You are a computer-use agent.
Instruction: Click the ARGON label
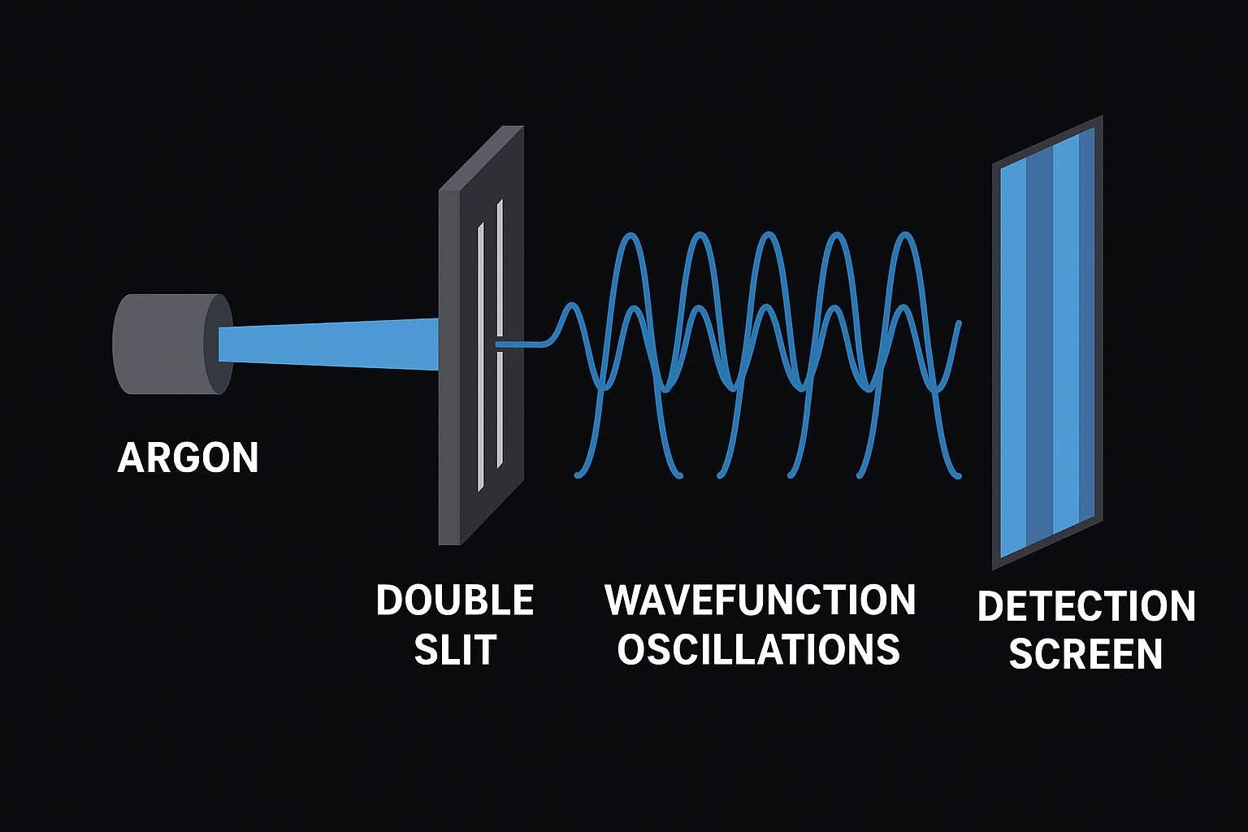click(x=188, y=458)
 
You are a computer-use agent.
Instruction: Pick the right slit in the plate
click(x=499, y=333)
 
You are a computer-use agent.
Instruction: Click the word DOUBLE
click(x=454, y=601)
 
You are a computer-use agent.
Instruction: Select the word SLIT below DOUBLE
click(x=455, y=650)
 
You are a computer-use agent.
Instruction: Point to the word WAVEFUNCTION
click(x=760, y=601)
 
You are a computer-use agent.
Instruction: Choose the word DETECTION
click(x=1085, y=607)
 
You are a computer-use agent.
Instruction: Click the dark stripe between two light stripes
click(x=1039, y=349)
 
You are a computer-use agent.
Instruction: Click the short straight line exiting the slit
click(x=520, y=344)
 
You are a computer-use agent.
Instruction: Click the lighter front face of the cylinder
click(x=221, y=344)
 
